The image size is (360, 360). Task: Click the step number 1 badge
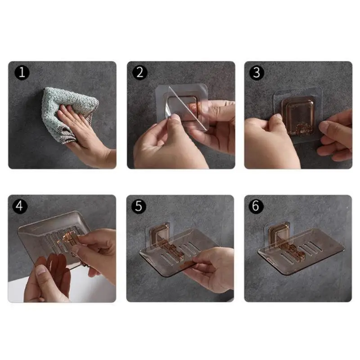point(21,72)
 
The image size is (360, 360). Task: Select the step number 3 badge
point(256,72)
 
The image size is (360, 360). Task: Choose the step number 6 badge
point(256,206)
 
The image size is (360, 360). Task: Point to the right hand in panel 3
point(335,135)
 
